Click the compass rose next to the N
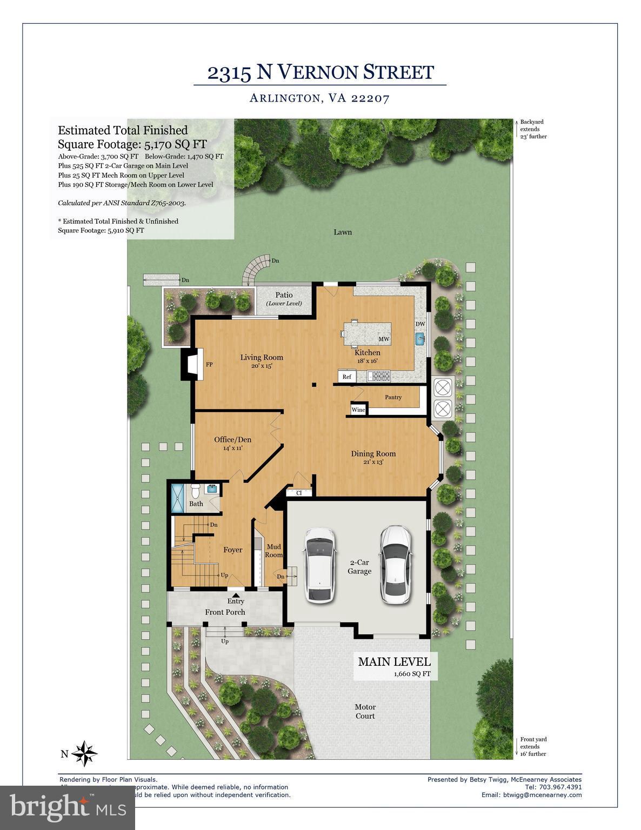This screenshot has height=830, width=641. click(x=84, y=753)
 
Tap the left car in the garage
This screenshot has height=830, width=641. click(x=319, y=565)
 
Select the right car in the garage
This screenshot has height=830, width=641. click(x=395, y=564)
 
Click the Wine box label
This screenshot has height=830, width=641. click(x=358, y=410)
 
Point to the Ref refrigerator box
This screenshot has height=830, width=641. click(x=346, y=377)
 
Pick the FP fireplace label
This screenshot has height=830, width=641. click(x=209, y=365)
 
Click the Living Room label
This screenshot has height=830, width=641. click(x=262, y=357)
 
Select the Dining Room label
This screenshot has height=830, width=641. click(x=373, y=454)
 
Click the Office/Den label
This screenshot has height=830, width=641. click(x=232, y=439)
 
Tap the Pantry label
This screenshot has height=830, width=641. click(x=393, y=397)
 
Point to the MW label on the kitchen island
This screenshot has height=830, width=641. click(x=384, y=339)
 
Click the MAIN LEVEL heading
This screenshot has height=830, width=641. click(x=394, y=661)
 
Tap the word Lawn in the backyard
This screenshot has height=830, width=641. click(x=343, y=232)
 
